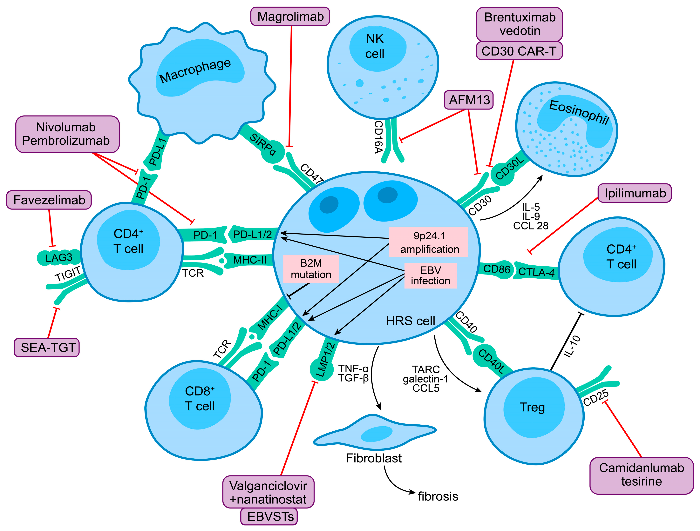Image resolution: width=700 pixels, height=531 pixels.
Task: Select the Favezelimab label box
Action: [49, 200]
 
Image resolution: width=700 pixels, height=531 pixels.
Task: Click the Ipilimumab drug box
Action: [635, 193]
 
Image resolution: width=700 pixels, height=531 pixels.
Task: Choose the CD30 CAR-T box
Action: [519, 51]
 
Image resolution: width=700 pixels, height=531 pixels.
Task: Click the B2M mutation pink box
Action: [311, 269]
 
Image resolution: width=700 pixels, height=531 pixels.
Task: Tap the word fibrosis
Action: [438, 496]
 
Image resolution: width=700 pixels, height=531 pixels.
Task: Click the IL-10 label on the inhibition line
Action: [572, 346]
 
